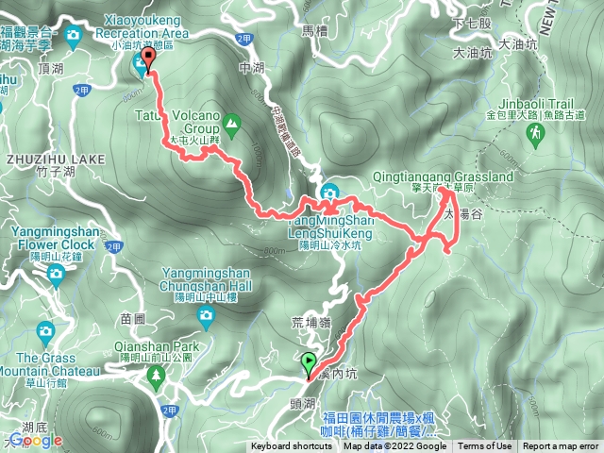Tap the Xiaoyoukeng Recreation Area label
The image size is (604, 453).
141,33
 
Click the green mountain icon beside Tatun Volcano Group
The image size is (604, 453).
234,122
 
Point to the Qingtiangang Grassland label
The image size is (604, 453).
461,176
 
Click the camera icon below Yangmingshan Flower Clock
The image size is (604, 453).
56,275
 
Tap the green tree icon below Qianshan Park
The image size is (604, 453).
155,375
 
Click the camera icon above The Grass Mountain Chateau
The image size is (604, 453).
45,331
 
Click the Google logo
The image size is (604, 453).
34,440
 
